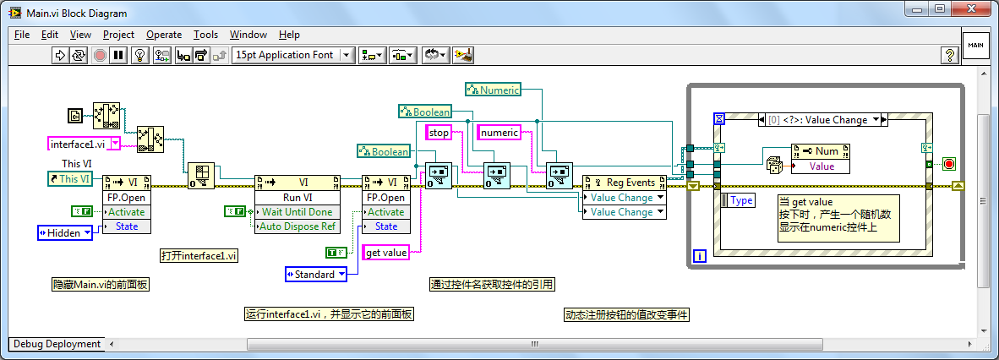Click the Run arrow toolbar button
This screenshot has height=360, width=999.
(60, 56)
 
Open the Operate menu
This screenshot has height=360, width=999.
(164, 35)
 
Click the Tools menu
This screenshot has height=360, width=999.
(205, 35)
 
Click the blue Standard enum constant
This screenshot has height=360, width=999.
(315, 275)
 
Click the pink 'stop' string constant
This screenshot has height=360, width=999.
(439, 133)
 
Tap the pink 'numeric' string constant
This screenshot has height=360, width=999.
(499, 133)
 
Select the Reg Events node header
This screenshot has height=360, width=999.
(625, 183)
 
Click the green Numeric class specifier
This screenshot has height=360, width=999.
(493, 90)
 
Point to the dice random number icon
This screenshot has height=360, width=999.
(775, 165)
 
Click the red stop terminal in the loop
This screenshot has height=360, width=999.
(948, 165)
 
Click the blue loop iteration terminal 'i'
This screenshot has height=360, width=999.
(700, 257)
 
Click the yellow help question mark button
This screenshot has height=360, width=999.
(949, 56)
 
